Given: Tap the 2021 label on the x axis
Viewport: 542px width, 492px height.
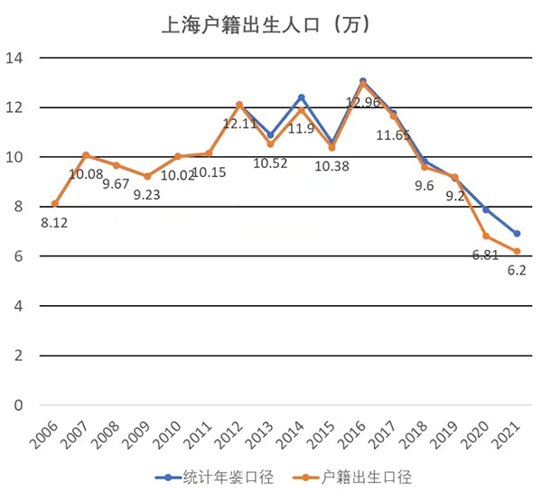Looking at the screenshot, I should pyautogui.click(x=508, y=433).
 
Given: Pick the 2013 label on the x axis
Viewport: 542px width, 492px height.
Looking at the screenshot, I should pyautogui.click(x=261, y=433).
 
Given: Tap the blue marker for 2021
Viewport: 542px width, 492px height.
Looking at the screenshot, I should pyautogui.click(x=517, y=234).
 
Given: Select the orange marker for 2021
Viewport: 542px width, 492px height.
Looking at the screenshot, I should pyautogui.click(x=517, y=251).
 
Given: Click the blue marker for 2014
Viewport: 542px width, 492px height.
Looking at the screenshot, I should pyautogui.click(x=301, y=97).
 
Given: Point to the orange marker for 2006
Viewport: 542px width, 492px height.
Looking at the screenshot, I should pyautogui.click(x=55, y=204).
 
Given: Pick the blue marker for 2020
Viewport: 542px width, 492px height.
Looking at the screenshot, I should pyautogui.click(x=486, y=209).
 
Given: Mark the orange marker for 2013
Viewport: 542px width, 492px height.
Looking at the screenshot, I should pyautogui.click(x=270, y=144).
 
